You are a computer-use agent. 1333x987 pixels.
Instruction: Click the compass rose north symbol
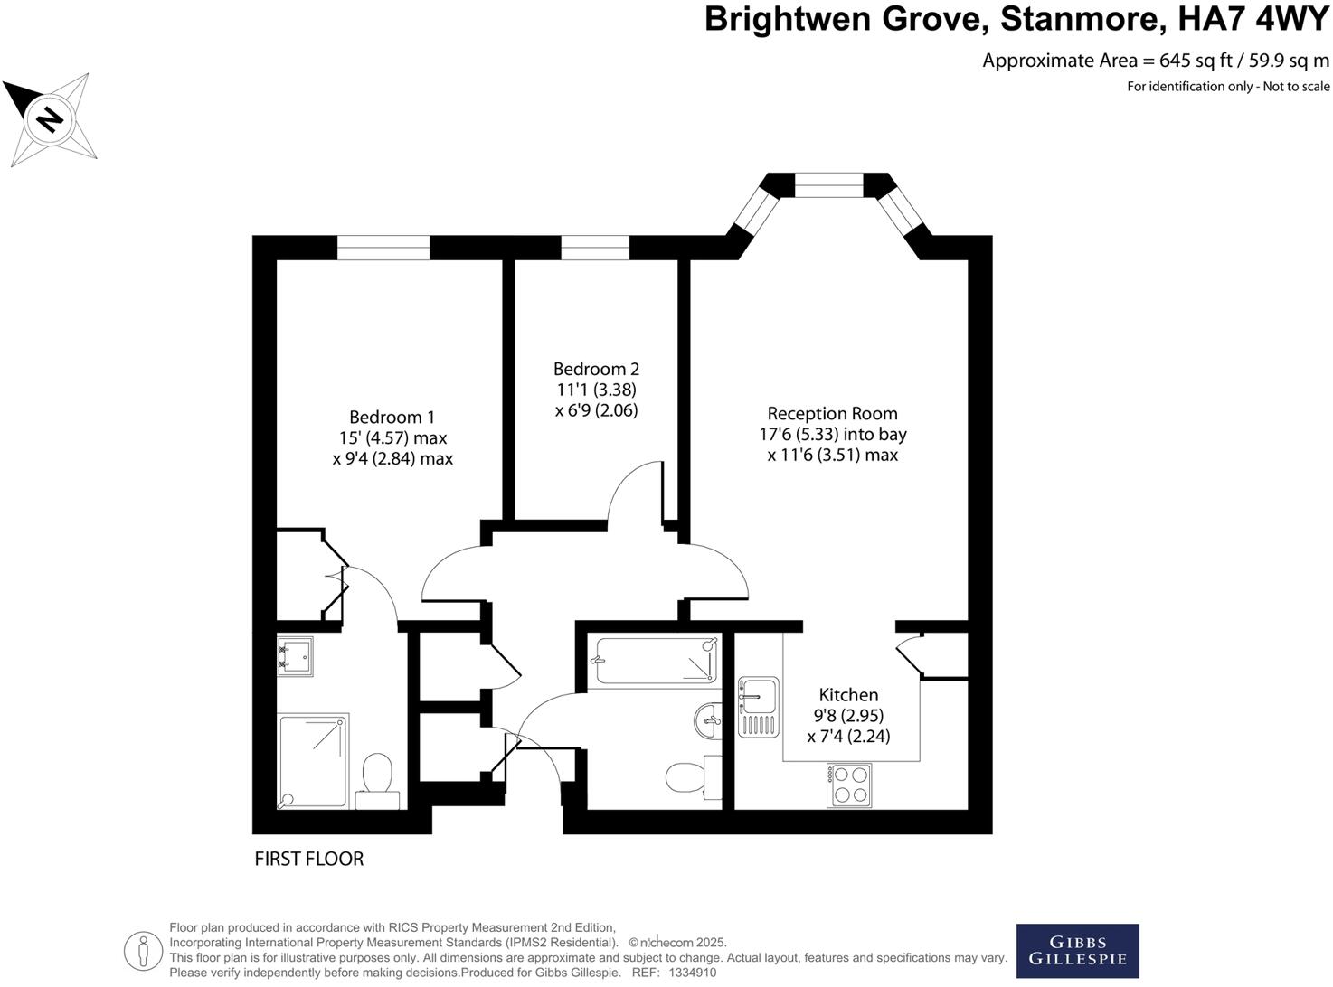[x=50, y=118]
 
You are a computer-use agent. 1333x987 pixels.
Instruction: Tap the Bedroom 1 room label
[x=392, y=418]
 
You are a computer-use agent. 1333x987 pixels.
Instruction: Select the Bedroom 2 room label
[x=596, y=369]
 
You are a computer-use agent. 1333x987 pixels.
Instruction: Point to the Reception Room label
[x=832, y=414]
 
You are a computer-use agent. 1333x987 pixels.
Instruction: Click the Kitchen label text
[x=848, y=695]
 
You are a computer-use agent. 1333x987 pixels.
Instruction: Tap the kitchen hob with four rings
[x=849, y=785]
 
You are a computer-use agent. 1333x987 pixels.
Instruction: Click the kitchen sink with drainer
[x=758, y=706]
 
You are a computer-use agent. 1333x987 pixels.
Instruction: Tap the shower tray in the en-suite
[x=313, y=760]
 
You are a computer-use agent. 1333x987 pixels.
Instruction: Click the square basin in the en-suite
[x=295, y=657]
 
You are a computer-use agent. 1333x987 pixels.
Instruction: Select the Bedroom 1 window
[x=383, y=248]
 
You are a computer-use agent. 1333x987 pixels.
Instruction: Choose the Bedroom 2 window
[x=594, y=248]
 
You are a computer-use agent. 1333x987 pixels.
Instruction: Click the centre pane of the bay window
[x=829, y=184]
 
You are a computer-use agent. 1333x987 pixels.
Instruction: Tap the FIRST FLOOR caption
[x=308, y=859]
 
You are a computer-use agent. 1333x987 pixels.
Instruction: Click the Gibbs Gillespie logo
[x=1077, y=951]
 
